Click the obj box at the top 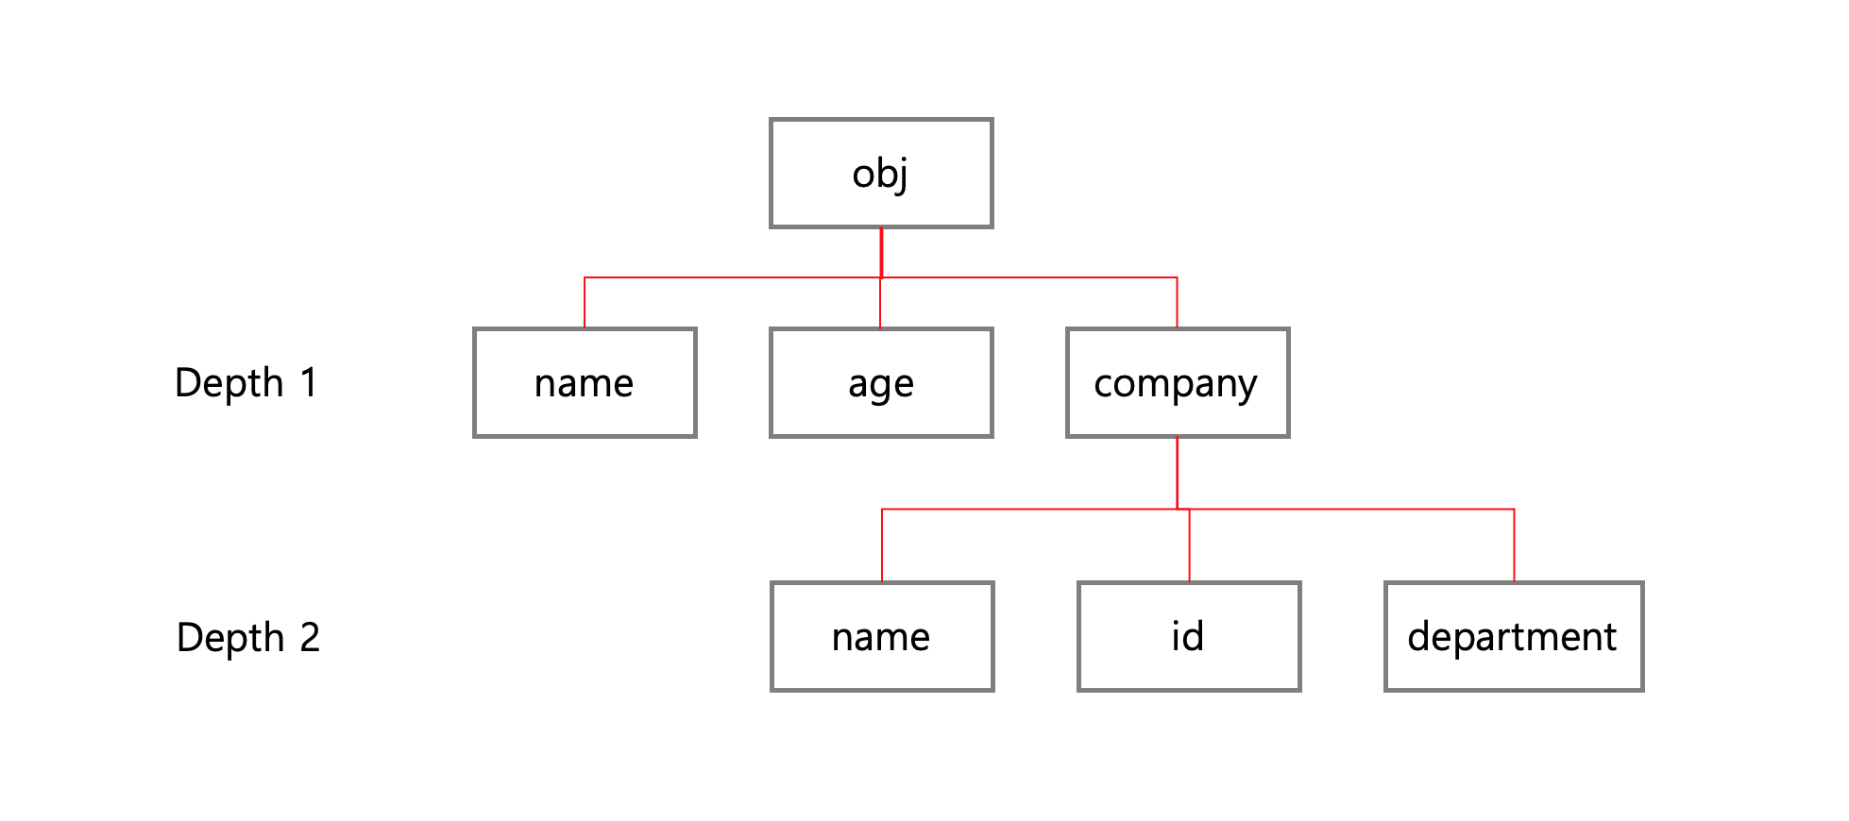[881, 174]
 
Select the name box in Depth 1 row [585, 383]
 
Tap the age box [881, 383]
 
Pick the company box [1178, 383]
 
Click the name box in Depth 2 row [882, 637]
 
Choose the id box [1189, 637]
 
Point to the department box [1514, 637]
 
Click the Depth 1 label [246, 383]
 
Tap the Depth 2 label [248, 638]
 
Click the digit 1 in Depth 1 [309, 383]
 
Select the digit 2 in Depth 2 [310, 638]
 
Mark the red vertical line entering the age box [880, 304]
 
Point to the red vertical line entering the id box [1189, 545]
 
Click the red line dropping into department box [1514, 545]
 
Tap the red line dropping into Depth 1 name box [585, 303]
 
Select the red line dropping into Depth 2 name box [882, 545]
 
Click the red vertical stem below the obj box [881, 252]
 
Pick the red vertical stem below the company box [1178, 473]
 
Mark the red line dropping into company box [1177, 303]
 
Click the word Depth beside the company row [229, 383]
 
